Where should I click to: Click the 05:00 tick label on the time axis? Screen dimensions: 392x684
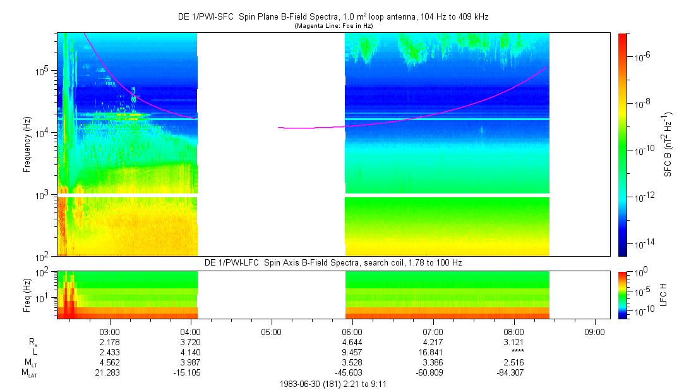click(x=271, y=331)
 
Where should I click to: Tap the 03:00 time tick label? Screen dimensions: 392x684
click(x=109, y=331)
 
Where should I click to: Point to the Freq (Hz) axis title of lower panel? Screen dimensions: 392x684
click(x=28, y=295)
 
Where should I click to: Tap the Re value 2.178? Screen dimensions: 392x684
click(x=109, y=341)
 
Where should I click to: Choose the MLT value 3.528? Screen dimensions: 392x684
click(x=352, y=362)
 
